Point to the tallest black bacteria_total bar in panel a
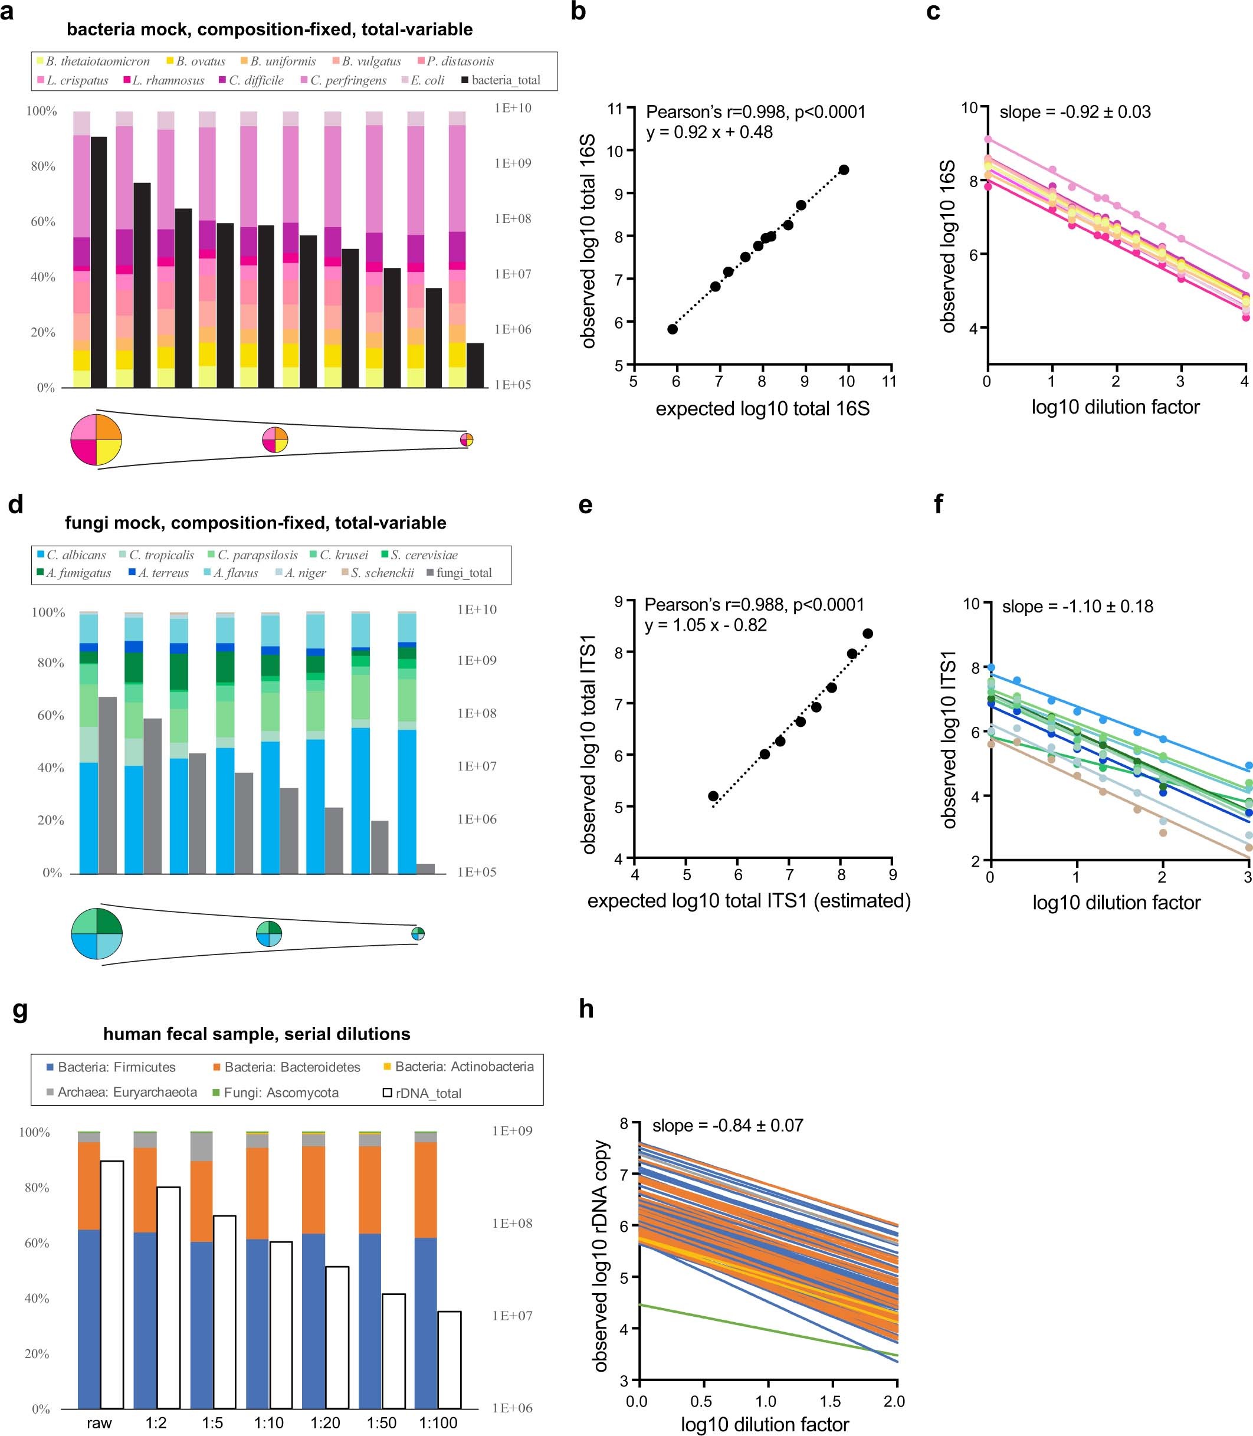pyautogui.click(x=99, y=262)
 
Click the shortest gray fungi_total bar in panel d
pyautogui.click(x=425, y=869)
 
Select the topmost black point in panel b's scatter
pyautogui.click(x=844, y=170)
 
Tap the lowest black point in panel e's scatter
pyautogui.click(x=713, y=796)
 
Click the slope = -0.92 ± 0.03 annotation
pyautogui.click(x=1075, y=112)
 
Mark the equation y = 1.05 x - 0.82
pyautogui.click(x=706, y=625)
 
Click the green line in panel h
pyautogui.click(x=769, y=1332)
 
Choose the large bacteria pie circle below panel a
pyautogui.click(x=97, y=440)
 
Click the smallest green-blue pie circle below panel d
pyautogui.click(x=418, y=934)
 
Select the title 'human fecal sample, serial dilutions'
pyautogui.click(x=257, y=1034)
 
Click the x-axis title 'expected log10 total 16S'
pyautogui.click(x=762, y=409)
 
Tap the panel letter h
pyautogui.click(x=586, y=1009)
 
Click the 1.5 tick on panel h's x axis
pyautogui.click(x=831, y=1401)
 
